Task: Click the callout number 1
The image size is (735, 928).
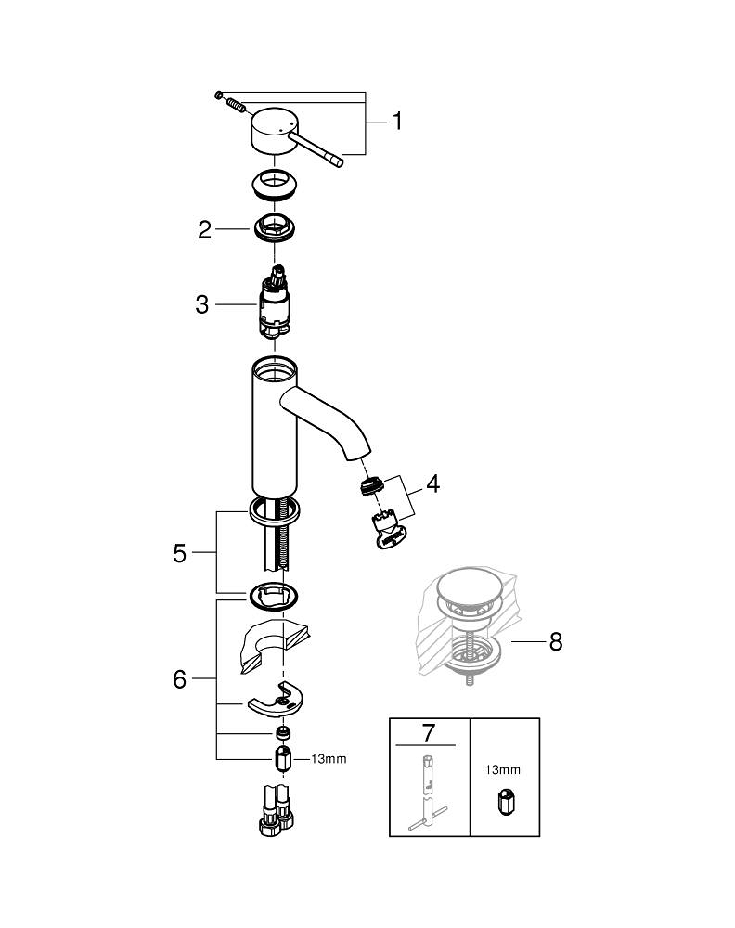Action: click(x=396, y=121)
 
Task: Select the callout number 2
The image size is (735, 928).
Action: click(x=205, y=230)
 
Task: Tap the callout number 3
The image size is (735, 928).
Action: click(x=201, y=304)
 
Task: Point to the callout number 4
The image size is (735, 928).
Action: click(x=433, y=484)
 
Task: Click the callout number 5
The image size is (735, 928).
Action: click(x=180, y=553)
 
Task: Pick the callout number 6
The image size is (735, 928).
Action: click(x=180, y=679)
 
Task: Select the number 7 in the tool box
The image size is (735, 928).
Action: click(x=428, y=732)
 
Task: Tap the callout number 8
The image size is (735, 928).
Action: click(x=555, y=642)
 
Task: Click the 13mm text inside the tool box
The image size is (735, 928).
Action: click(x=502, y=769)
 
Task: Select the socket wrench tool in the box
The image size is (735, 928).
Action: click(x=428, y=789)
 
